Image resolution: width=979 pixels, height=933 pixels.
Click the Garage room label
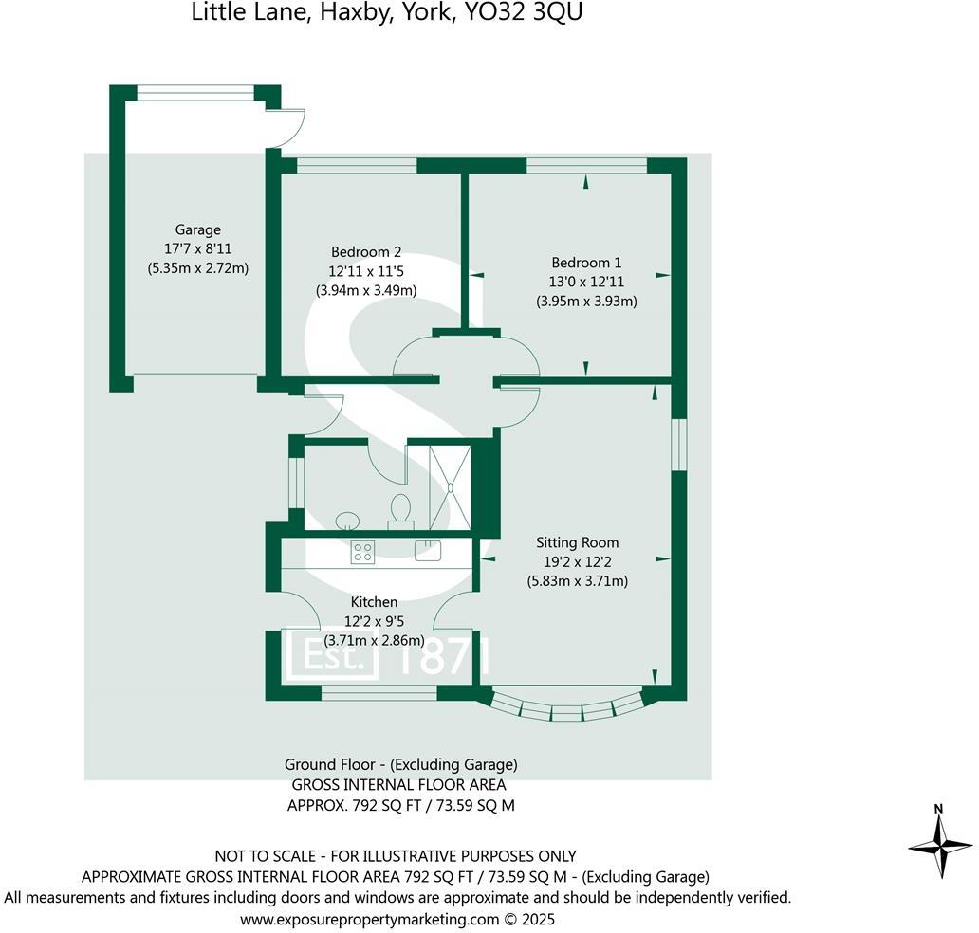click(197, 229)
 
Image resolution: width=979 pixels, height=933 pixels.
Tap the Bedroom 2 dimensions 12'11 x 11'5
click(366, 271)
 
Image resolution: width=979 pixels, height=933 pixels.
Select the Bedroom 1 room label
click(586, 263)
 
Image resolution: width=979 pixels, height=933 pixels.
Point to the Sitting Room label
click(577, 543)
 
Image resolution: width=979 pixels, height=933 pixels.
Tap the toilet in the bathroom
click(399, 508)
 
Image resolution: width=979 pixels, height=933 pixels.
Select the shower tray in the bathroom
click(450, 486)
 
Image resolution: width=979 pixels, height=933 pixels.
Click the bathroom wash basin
click(348, 519)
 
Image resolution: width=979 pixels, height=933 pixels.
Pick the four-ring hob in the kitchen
click(362, 551)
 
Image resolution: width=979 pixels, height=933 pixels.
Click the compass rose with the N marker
click(940, 842)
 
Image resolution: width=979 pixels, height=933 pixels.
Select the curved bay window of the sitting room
click(567, 706)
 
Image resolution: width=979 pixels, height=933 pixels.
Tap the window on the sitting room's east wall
click(678, 443)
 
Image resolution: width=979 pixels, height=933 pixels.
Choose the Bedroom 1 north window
click(586, 166)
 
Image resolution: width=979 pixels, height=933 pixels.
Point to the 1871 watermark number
click(444, 655)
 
